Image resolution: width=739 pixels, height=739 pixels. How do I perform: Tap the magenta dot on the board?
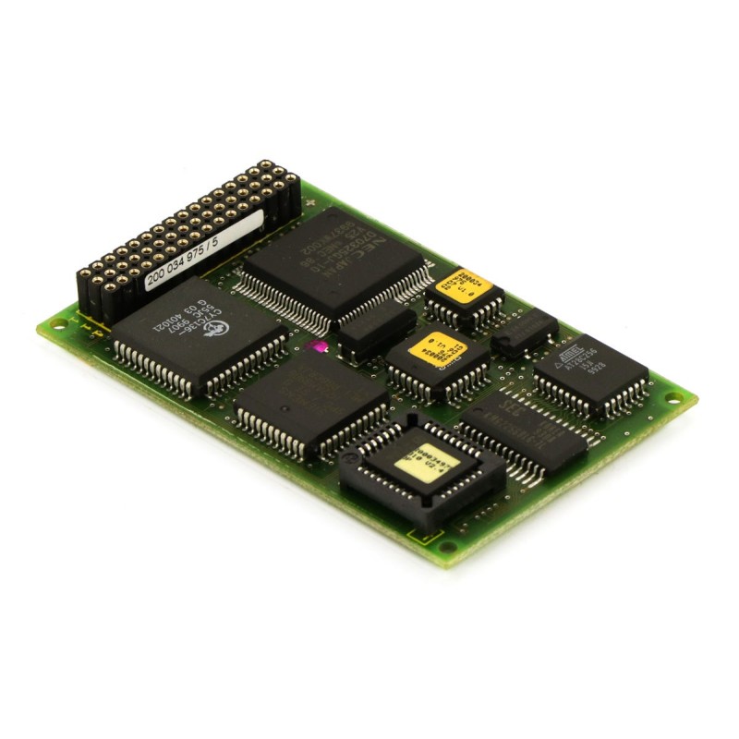coord(316,346)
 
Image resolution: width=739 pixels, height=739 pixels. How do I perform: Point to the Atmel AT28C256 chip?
coord(590,369)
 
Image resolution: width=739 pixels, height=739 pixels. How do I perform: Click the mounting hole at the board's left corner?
coord(57,324)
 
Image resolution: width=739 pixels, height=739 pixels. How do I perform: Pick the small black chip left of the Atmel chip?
coord(525,333)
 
